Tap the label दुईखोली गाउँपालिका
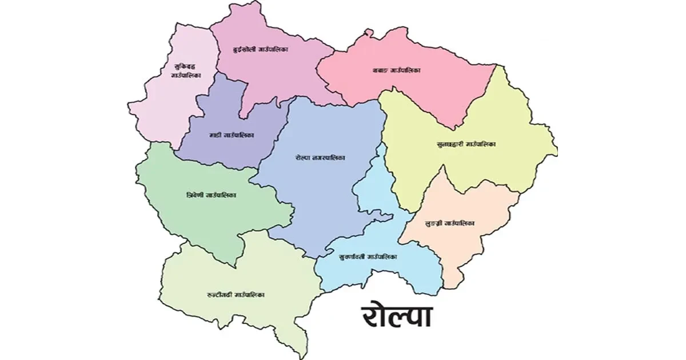pos(260,50)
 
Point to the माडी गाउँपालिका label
pos(232,135)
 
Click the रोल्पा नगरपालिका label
pos(320,158)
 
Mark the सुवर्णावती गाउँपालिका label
pos(368,257)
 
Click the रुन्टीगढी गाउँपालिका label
pos(236,295)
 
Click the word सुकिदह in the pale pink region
pos(185,66)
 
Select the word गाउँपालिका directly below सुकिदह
pos(185,75)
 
